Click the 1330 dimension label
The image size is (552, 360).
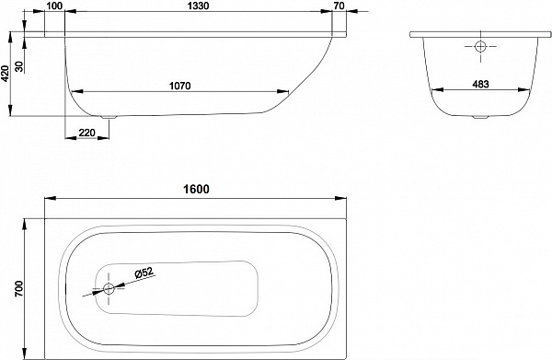pos(199,6)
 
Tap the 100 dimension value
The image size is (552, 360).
pos(54,6)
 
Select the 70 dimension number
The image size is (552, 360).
pos(339,6)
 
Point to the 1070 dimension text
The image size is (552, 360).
pos(180,86)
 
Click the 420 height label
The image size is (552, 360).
pos(6,74)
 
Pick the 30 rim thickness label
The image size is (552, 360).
pos(19,66)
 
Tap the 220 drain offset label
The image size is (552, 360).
pos(87,133)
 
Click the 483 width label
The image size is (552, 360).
pos(480,84)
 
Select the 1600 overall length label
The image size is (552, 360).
pos(196,189)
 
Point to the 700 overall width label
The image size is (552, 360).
pos(19,288)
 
